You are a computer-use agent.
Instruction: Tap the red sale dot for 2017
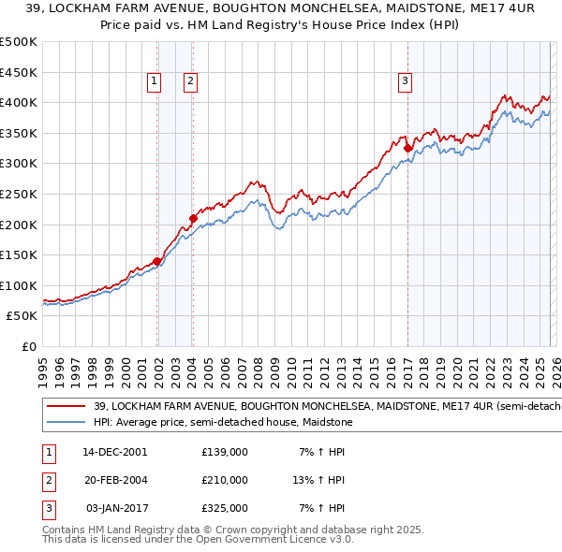coord(407,148)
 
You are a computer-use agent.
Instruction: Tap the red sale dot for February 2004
coord(193,218)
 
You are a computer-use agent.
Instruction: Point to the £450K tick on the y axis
coord(20,72)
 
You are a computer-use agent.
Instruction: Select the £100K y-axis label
coord(20,285)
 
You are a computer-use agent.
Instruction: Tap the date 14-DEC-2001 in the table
coord(114,452)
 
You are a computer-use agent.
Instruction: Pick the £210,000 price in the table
coord(224,480)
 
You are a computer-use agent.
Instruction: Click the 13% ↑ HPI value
coord(318,480)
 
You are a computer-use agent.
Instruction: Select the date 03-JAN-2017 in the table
coord(114,508)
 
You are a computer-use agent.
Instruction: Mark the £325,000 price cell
coord(224,508)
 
